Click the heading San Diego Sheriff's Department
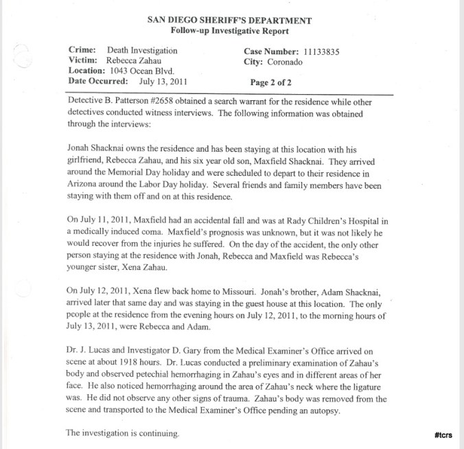point(229,20)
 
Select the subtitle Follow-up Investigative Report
point(229,32)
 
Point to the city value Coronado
point(284,61)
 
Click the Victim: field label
point(85,60)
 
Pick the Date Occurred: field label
point(99,81)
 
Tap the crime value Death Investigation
point(142,51)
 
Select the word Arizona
point(86,186)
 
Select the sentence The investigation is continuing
point(123,433)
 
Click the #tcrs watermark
point(443,435)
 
